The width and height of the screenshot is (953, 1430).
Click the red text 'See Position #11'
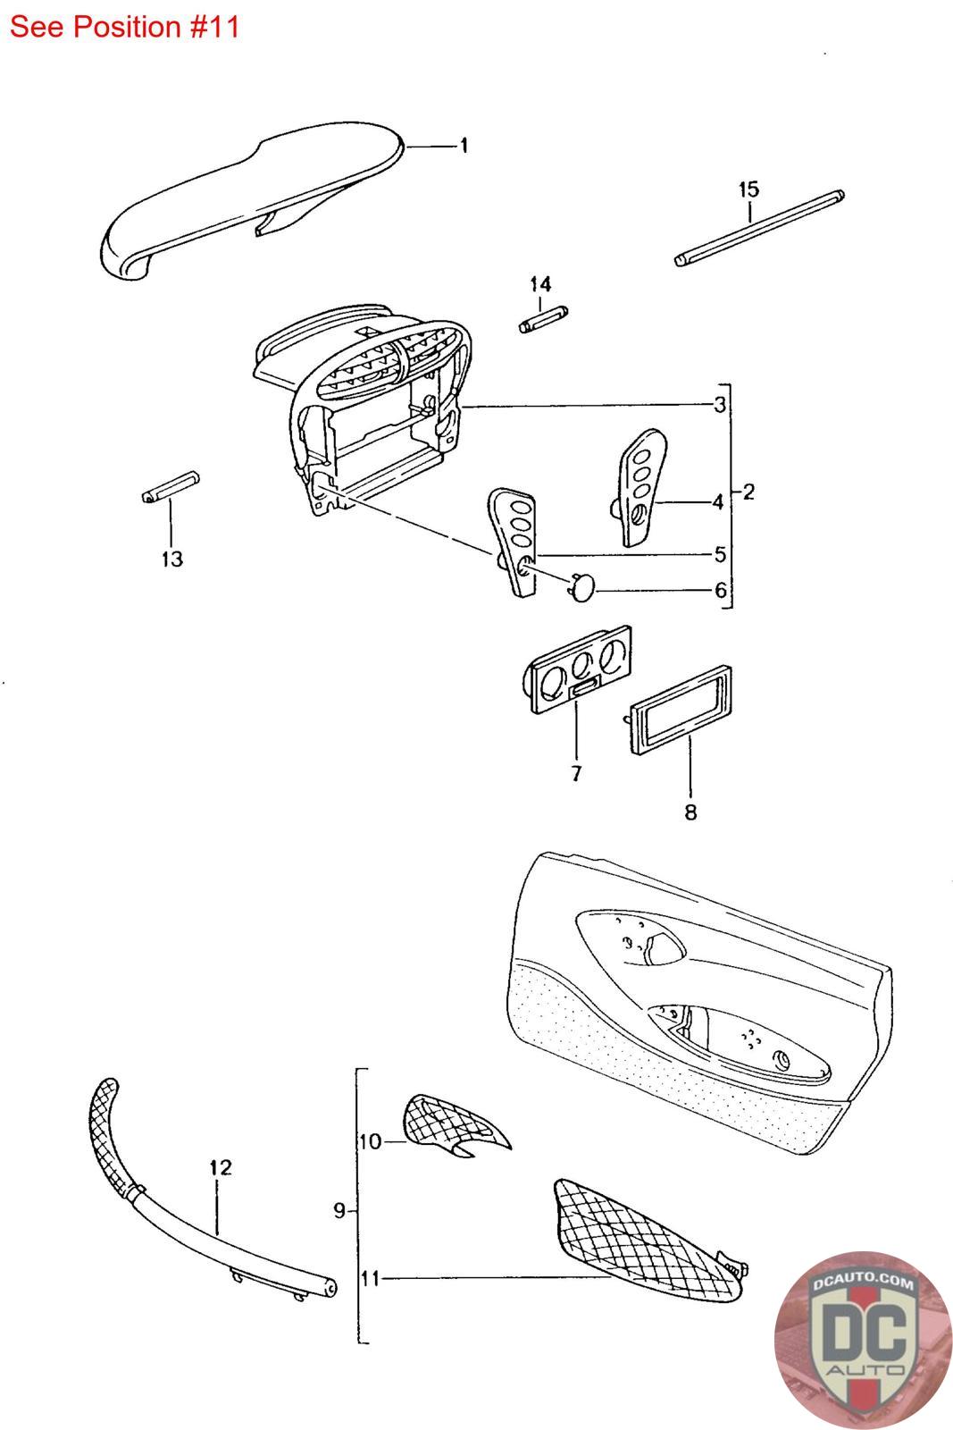(x=125, y=27)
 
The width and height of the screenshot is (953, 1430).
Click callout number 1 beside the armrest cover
(x=464, y=146)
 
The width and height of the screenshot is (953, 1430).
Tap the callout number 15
(x=748, y=189)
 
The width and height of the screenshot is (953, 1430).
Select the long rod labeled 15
(x=759, y=227)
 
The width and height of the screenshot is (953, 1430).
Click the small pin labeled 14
(x=543, y=319)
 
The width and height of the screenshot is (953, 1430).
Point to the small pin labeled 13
(x=171, y=486)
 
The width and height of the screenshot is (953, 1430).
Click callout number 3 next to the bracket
(x=719, y=406)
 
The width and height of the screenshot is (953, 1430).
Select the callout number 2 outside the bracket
(x=748, y=492)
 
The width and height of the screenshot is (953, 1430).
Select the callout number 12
(x=220, y=1166)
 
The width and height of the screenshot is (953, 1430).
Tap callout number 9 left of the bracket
(x=339, y=1211)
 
